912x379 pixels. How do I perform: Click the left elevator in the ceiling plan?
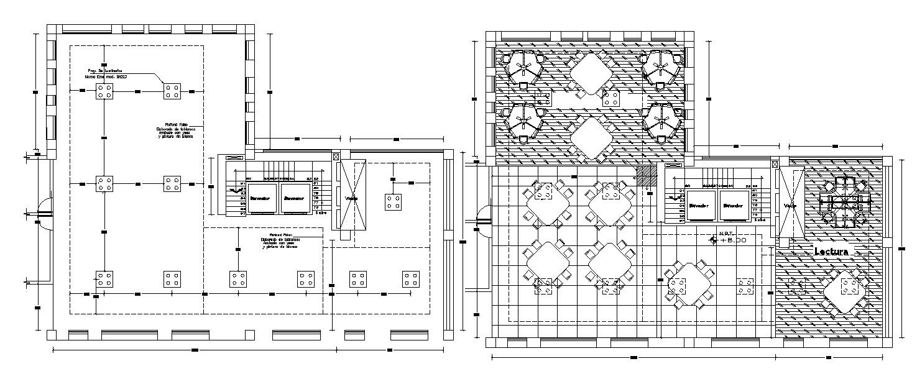pos(262,198)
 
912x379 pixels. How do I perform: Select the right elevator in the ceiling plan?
pos(295,198)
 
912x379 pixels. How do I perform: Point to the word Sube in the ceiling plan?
pos(321,212)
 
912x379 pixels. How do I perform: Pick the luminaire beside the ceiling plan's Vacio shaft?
pos(393,201)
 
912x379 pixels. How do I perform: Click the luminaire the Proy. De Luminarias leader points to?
pos(172,92)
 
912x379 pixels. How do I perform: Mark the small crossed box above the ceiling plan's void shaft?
pos(336,158)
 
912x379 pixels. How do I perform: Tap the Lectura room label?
pos(831,252)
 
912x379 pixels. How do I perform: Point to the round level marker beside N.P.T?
pos(714,239)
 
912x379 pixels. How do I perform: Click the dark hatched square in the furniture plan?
pos(647,176)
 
